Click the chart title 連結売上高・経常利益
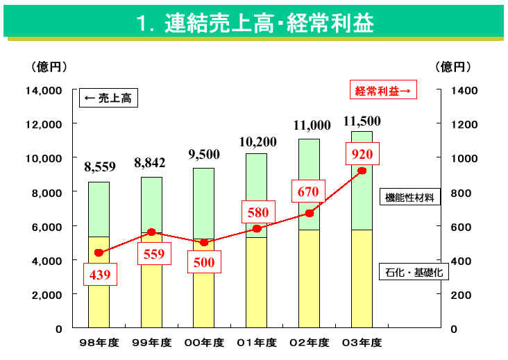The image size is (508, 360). [255, 24]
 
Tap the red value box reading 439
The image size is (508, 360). [99, 275]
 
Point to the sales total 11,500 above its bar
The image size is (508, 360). [362, 122]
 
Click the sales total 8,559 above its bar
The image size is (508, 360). [99, 166]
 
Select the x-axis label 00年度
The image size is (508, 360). [204, 343]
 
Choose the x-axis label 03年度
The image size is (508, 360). [362, 343]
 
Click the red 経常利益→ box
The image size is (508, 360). [382, 89]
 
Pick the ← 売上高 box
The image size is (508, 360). [107, 98]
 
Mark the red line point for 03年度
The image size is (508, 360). [362, 171]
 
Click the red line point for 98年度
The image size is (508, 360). [99, 252]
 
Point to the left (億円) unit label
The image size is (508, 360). [48, 67]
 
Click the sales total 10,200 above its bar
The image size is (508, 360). [257, 142]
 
